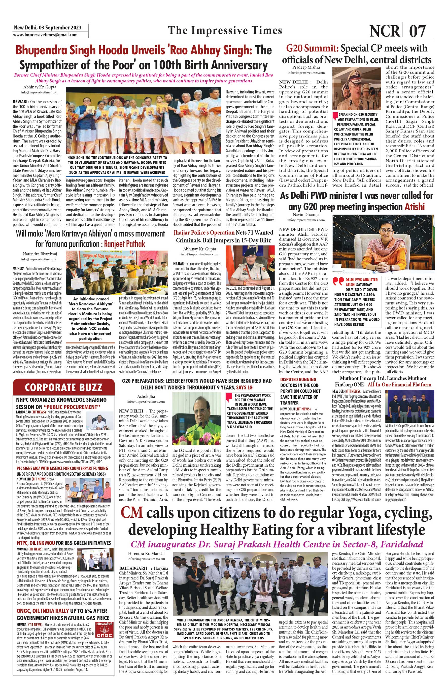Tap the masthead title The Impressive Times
[x=225, y=30]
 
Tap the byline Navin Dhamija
[x=306, y=215]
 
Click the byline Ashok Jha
[x=146, y=396]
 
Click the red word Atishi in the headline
[x=415, y=207]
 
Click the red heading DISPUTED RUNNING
[x=298, y=379]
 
